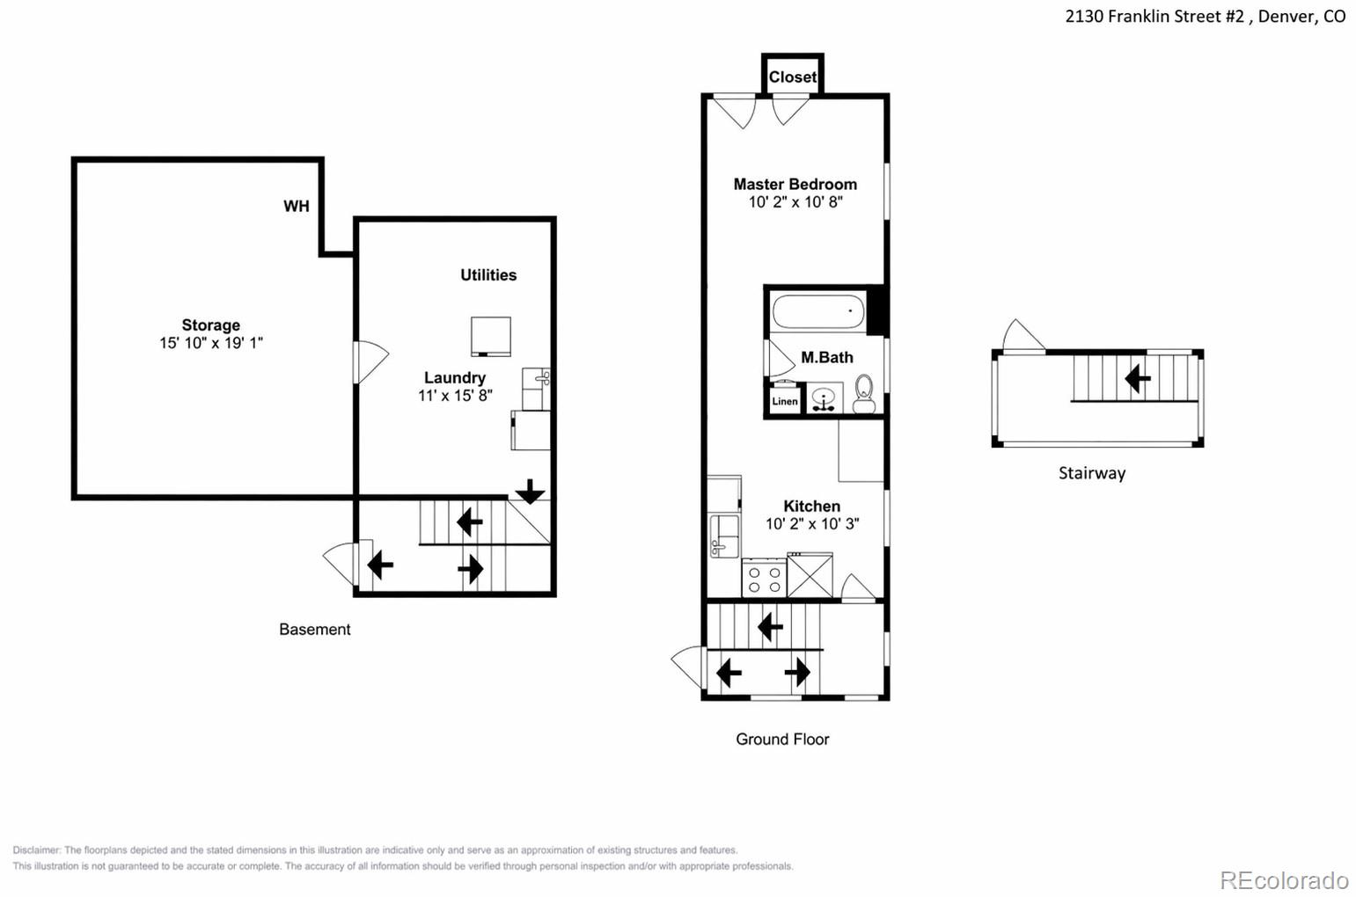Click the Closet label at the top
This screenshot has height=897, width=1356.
(793, 77)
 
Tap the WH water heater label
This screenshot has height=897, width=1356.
(296, 207)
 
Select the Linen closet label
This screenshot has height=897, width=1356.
(785, 401)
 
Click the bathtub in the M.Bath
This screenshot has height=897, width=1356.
(819, 311)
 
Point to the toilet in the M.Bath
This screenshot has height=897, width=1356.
(864, 394)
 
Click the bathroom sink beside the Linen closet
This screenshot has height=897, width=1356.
(824, 399)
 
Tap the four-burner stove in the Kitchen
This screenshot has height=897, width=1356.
(764, 579)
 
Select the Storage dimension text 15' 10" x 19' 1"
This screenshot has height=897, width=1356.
(211, 343)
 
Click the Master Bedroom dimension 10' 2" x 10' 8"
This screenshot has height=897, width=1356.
(795, 202)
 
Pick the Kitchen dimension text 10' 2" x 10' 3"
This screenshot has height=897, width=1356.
(812, 524)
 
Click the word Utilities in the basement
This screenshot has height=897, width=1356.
(488, 275)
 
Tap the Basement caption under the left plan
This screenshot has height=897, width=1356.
(315, 630)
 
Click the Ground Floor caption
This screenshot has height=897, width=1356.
(782, 739)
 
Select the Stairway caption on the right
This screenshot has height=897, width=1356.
(1092, 473)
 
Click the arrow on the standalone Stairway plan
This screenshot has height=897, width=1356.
(1138, 379)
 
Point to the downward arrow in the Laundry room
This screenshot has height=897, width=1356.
(530, 491)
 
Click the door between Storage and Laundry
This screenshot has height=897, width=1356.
(370, 361)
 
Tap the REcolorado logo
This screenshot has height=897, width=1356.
(1283, 880)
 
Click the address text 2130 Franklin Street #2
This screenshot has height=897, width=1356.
(1155, 17)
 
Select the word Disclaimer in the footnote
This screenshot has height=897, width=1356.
(36, 850)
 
